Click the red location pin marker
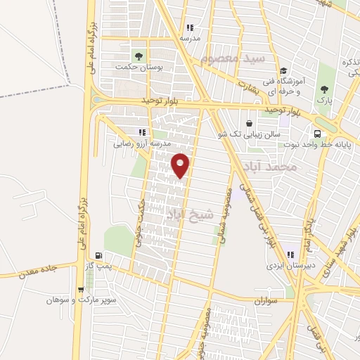tap(181, 165)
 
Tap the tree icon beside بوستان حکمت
tap(139, 56)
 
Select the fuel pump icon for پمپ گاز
tap(98, 255)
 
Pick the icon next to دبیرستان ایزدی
tap(291, 255)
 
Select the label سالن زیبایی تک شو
tap(257, 133)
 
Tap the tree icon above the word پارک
tap(323, 89)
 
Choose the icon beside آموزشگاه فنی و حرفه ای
tap(283, 71)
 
